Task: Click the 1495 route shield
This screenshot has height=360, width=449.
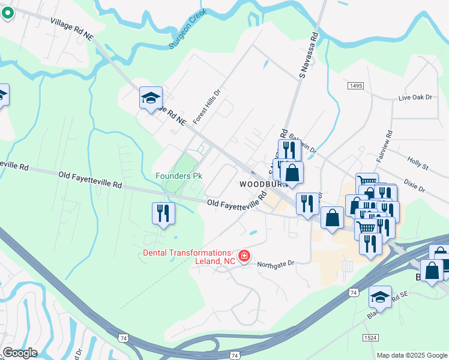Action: [355, 86]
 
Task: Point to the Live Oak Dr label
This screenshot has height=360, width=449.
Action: [415, 97]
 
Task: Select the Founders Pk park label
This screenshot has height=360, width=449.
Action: [179, 176]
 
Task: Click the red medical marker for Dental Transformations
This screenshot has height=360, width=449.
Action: [244, 257]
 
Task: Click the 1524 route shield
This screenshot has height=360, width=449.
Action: [370, 338]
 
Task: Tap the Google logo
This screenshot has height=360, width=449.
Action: [20, 353]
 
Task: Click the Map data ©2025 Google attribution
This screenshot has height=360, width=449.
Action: [412, 355]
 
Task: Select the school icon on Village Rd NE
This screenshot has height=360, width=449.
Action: [151, 97]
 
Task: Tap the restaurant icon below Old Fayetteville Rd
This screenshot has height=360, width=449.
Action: [163, 213]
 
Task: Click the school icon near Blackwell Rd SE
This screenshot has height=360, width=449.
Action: [379, 296]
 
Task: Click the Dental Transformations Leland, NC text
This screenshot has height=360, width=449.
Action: [187, 257]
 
